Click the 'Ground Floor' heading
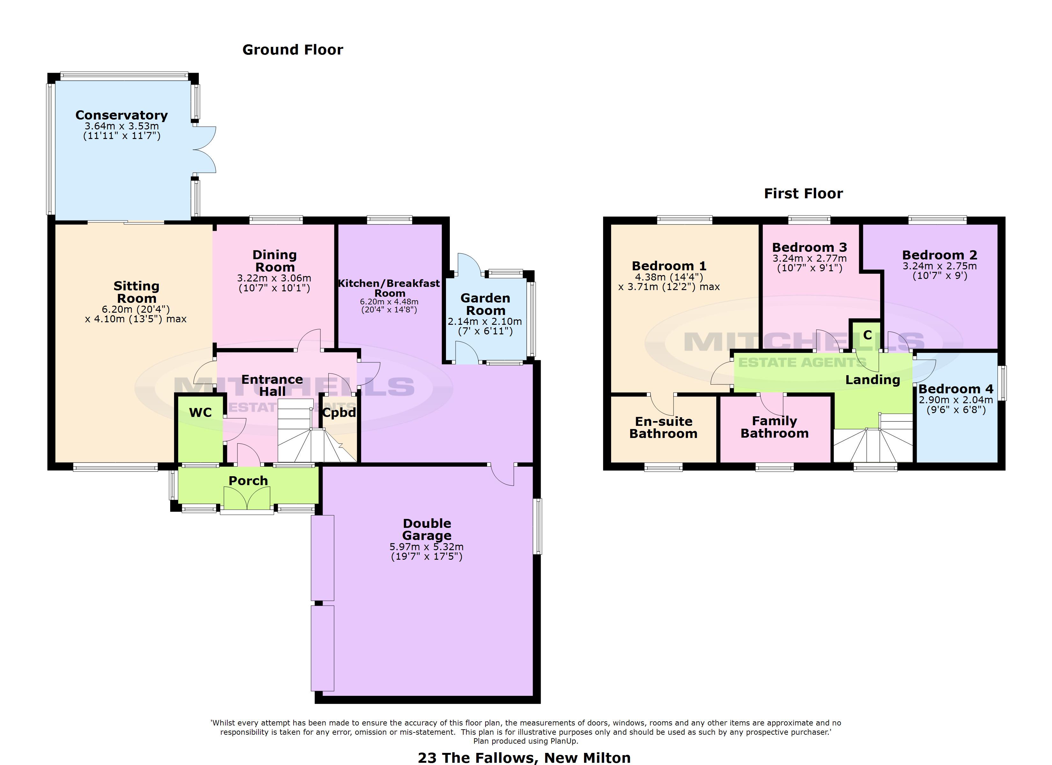pos(293,50)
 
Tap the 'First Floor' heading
pos(803,193)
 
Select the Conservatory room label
pos(121,115)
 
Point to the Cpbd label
pos(339,412)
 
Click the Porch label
pos(248,481)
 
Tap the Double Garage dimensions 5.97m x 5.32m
pos(427,547)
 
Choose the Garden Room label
pos(485,304)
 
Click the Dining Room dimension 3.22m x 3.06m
pos(274,278)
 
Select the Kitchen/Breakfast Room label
pos(389,288)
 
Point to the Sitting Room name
pos(136,292)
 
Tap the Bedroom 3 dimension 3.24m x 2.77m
pos(809,259)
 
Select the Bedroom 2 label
pos(940,255)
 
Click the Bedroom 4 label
pos(956,389)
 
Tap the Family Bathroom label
pos(775,427)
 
